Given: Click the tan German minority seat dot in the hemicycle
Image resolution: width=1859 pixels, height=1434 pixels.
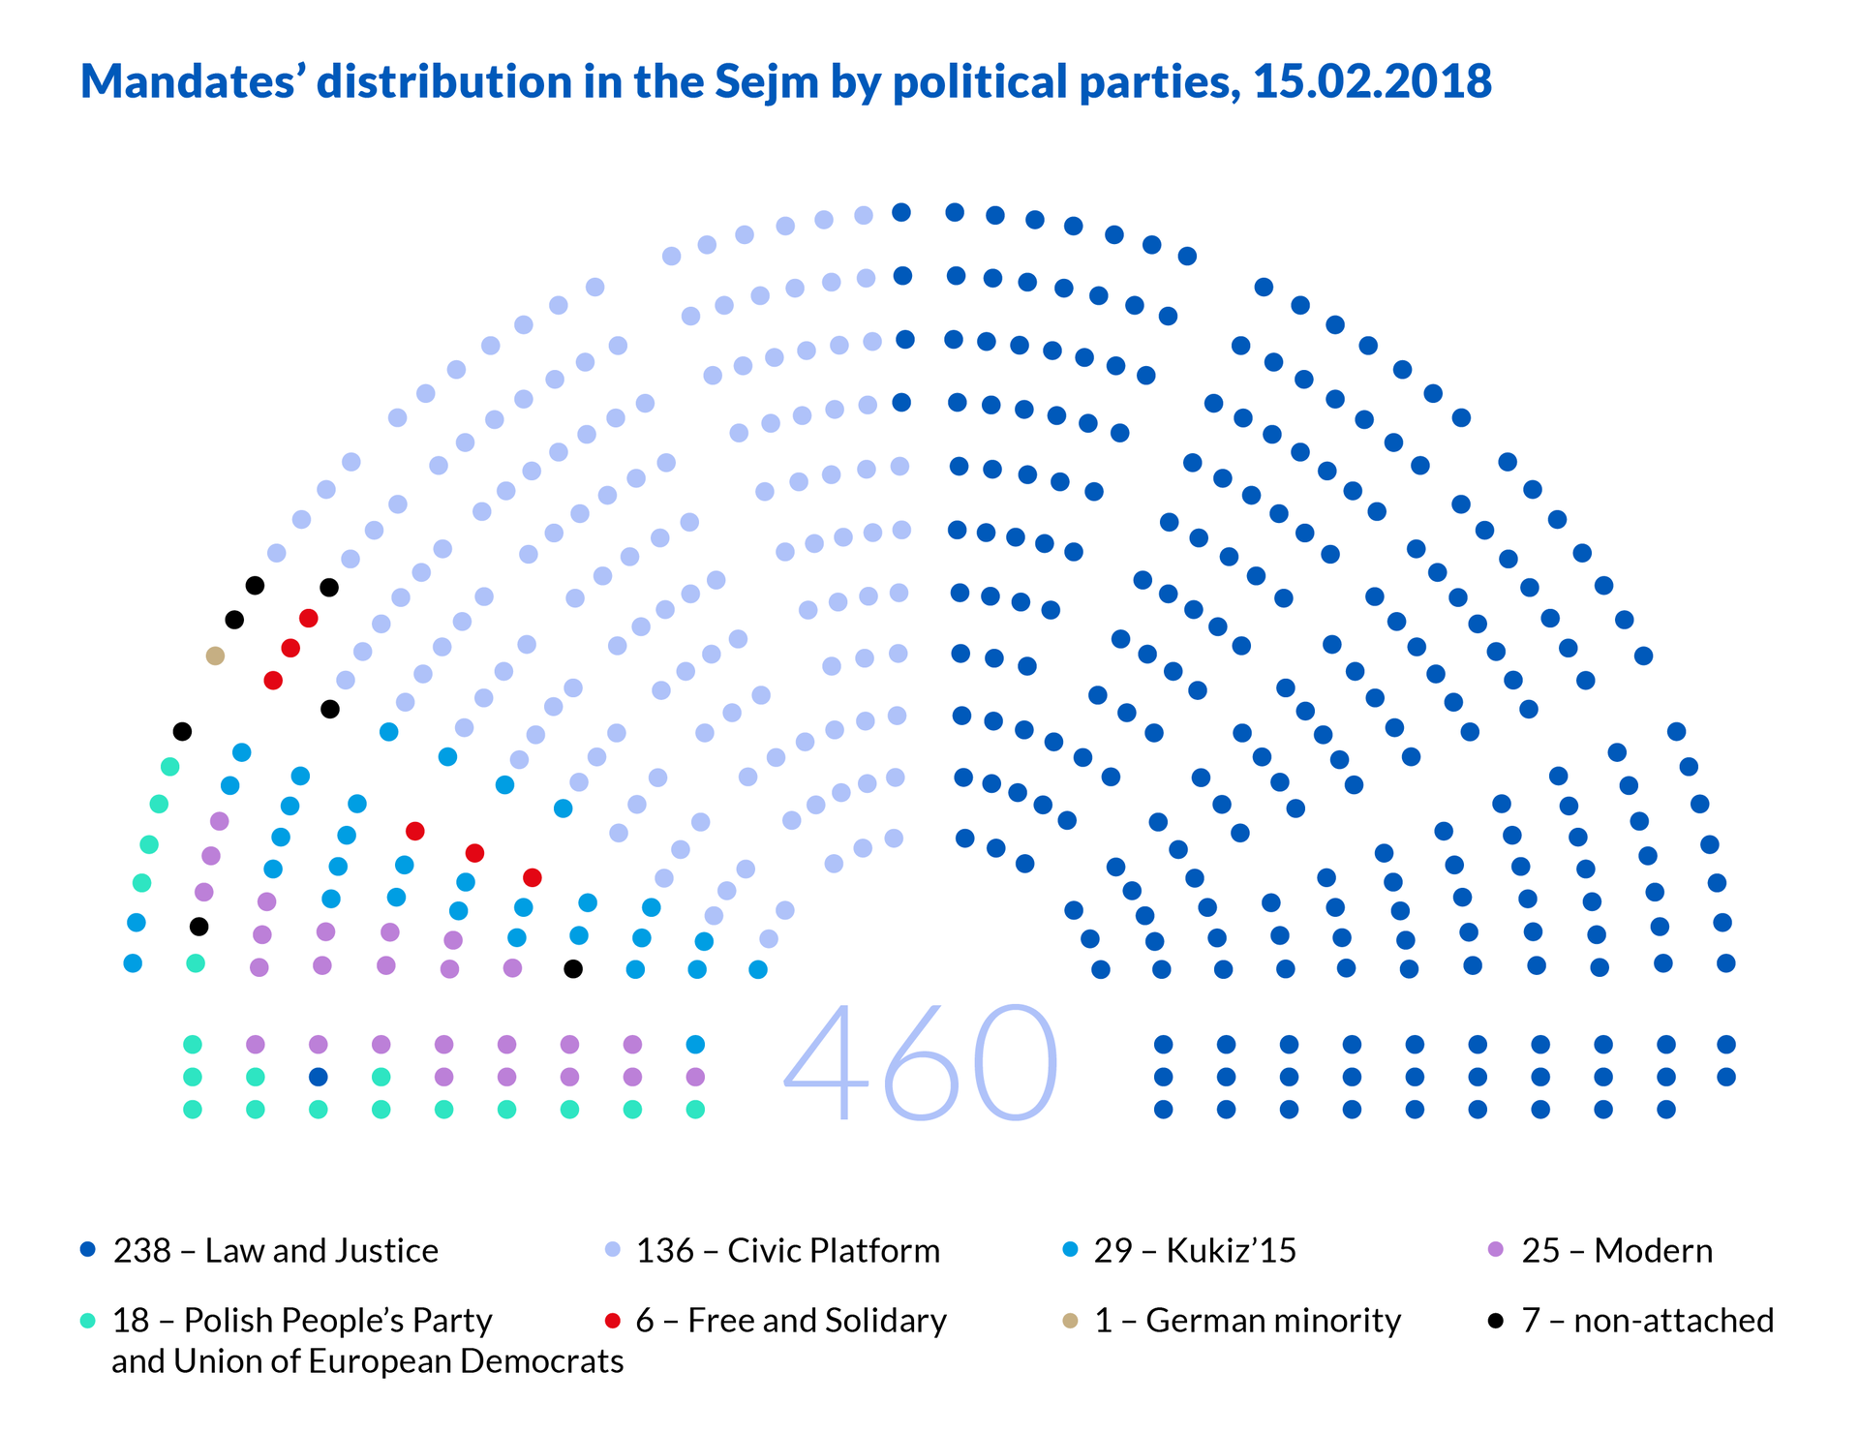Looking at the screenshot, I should [x=215, y=656].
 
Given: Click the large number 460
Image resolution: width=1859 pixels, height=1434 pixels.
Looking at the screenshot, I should [x=920, y=1063].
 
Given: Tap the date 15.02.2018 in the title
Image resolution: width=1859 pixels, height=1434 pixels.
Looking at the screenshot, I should [x=1372, y=81].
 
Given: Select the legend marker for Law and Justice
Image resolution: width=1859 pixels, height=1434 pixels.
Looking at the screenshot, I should [x=87, y=1250].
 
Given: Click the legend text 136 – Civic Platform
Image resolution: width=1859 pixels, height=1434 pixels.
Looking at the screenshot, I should [x=787, y=1250].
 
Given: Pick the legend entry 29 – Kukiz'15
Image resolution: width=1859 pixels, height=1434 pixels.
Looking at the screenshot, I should [x=1195, y=1250].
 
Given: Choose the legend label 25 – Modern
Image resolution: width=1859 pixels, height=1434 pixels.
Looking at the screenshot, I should [x=1617, y=1250].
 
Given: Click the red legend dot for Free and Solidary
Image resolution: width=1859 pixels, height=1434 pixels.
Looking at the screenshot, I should [x=611, y=1320].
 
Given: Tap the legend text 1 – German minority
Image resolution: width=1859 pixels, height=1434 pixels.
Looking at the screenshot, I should [x=1247, y=1320].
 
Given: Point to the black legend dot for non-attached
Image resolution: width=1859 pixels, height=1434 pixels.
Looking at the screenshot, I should [x=1496, y=1320].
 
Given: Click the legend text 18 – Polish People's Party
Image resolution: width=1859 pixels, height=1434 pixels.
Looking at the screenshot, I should [x=302, y=1320].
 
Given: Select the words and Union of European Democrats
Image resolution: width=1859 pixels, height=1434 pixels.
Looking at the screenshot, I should [x=367, y=1361].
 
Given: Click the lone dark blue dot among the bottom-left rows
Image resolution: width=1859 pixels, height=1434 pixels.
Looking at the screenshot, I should [x=318, y=1077].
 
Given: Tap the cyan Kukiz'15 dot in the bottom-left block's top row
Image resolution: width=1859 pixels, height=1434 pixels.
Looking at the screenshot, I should [x=695, y=1044].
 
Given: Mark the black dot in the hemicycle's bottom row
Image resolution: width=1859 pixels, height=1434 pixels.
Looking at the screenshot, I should [x=573, y=968].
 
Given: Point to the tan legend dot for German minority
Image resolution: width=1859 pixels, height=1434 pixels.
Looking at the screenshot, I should [x=1070, y=1320].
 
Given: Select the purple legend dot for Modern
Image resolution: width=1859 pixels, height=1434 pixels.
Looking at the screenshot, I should [x=1496, y=1250].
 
